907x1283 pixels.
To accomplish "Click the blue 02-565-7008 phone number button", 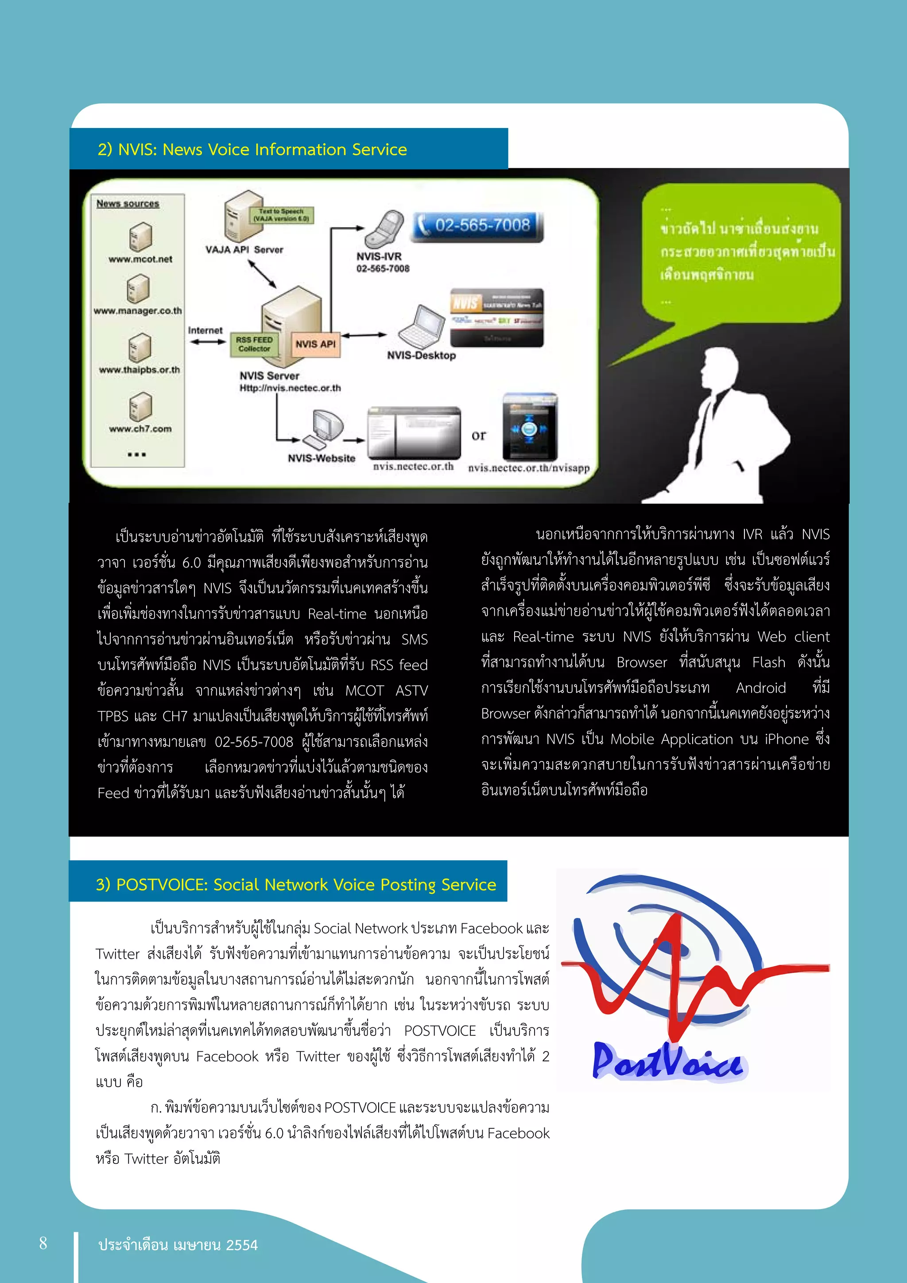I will pos(477,226).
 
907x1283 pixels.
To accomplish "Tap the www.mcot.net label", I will pos(140,259).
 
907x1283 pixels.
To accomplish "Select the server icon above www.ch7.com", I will pos(140,406).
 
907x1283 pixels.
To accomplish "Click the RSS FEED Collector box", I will pos(254,344).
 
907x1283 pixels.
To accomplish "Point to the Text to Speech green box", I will pos(281,215).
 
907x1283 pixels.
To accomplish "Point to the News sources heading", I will pos(128,203).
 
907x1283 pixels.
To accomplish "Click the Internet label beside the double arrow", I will pos(205,330).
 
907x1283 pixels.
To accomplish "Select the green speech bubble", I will pos(743,252).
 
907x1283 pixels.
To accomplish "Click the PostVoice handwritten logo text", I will pos(667,1062).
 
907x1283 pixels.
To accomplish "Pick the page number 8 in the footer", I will pos(43,1243).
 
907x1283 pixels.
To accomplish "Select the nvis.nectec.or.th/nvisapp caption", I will pos(528,468).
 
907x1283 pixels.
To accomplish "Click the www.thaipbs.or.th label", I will pos(140,370).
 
